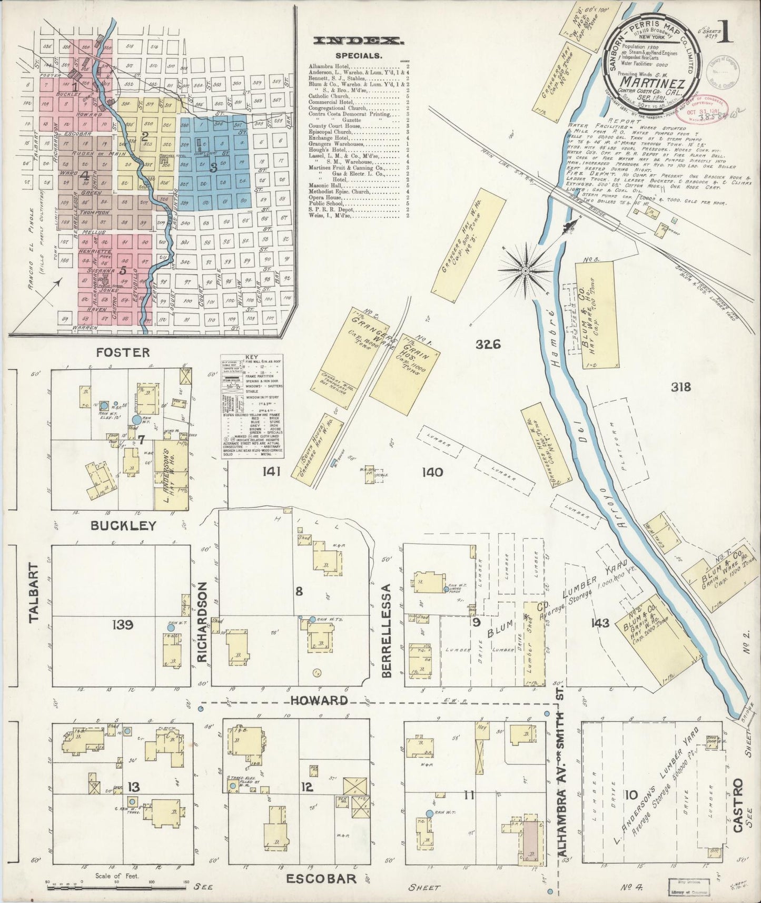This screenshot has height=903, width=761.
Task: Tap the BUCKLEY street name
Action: tap(123, 526)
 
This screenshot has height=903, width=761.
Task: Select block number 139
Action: tap(122, 625)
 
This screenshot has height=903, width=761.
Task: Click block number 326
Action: tap(487, 345)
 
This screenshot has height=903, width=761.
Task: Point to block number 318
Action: tap(680, 387)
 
